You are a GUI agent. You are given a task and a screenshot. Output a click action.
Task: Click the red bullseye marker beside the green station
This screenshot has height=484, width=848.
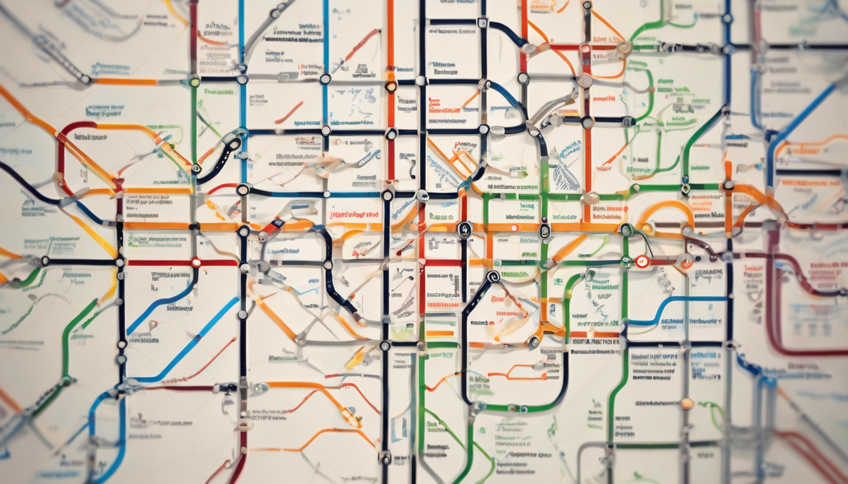pyautogui.click(x=642, y=262)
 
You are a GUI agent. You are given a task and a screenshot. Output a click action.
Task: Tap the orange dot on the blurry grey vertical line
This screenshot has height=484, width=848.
pyautogui.click(x=686, y=403)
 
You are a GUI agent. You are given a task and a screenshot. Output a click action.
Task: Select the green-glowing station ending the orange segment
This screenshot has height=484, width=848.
pyautogui.click(x=194, y=81)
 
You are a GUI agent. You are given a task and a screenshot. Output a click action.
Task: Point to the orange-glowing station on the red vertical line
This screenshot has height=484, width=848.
pyautogui.click(x=391, y=85)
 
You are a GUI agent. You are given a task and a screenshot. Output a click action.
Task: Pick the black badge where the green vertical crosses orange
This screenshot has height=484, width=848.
pyautogui.click(x=545, y=231)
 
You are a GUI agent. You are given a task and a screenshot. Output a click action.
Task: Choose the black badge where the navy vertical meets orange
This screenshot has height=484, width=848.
pyautogui.click(x=464, y=229)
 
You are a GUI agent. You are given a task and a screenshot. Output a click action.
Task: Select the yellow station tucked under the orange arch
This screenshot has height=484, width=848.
pyautogui.click(x=647, y=229)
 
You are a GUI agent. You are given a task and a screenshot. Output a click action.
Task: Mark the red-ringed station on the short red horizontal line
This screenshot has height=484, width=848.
pyautogui.click(x=196, y=262)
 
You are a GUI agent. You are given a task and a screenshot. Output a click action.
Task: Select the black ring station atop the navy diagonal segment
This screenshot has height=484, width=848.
pyautogui.click(x=493, y=277)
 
